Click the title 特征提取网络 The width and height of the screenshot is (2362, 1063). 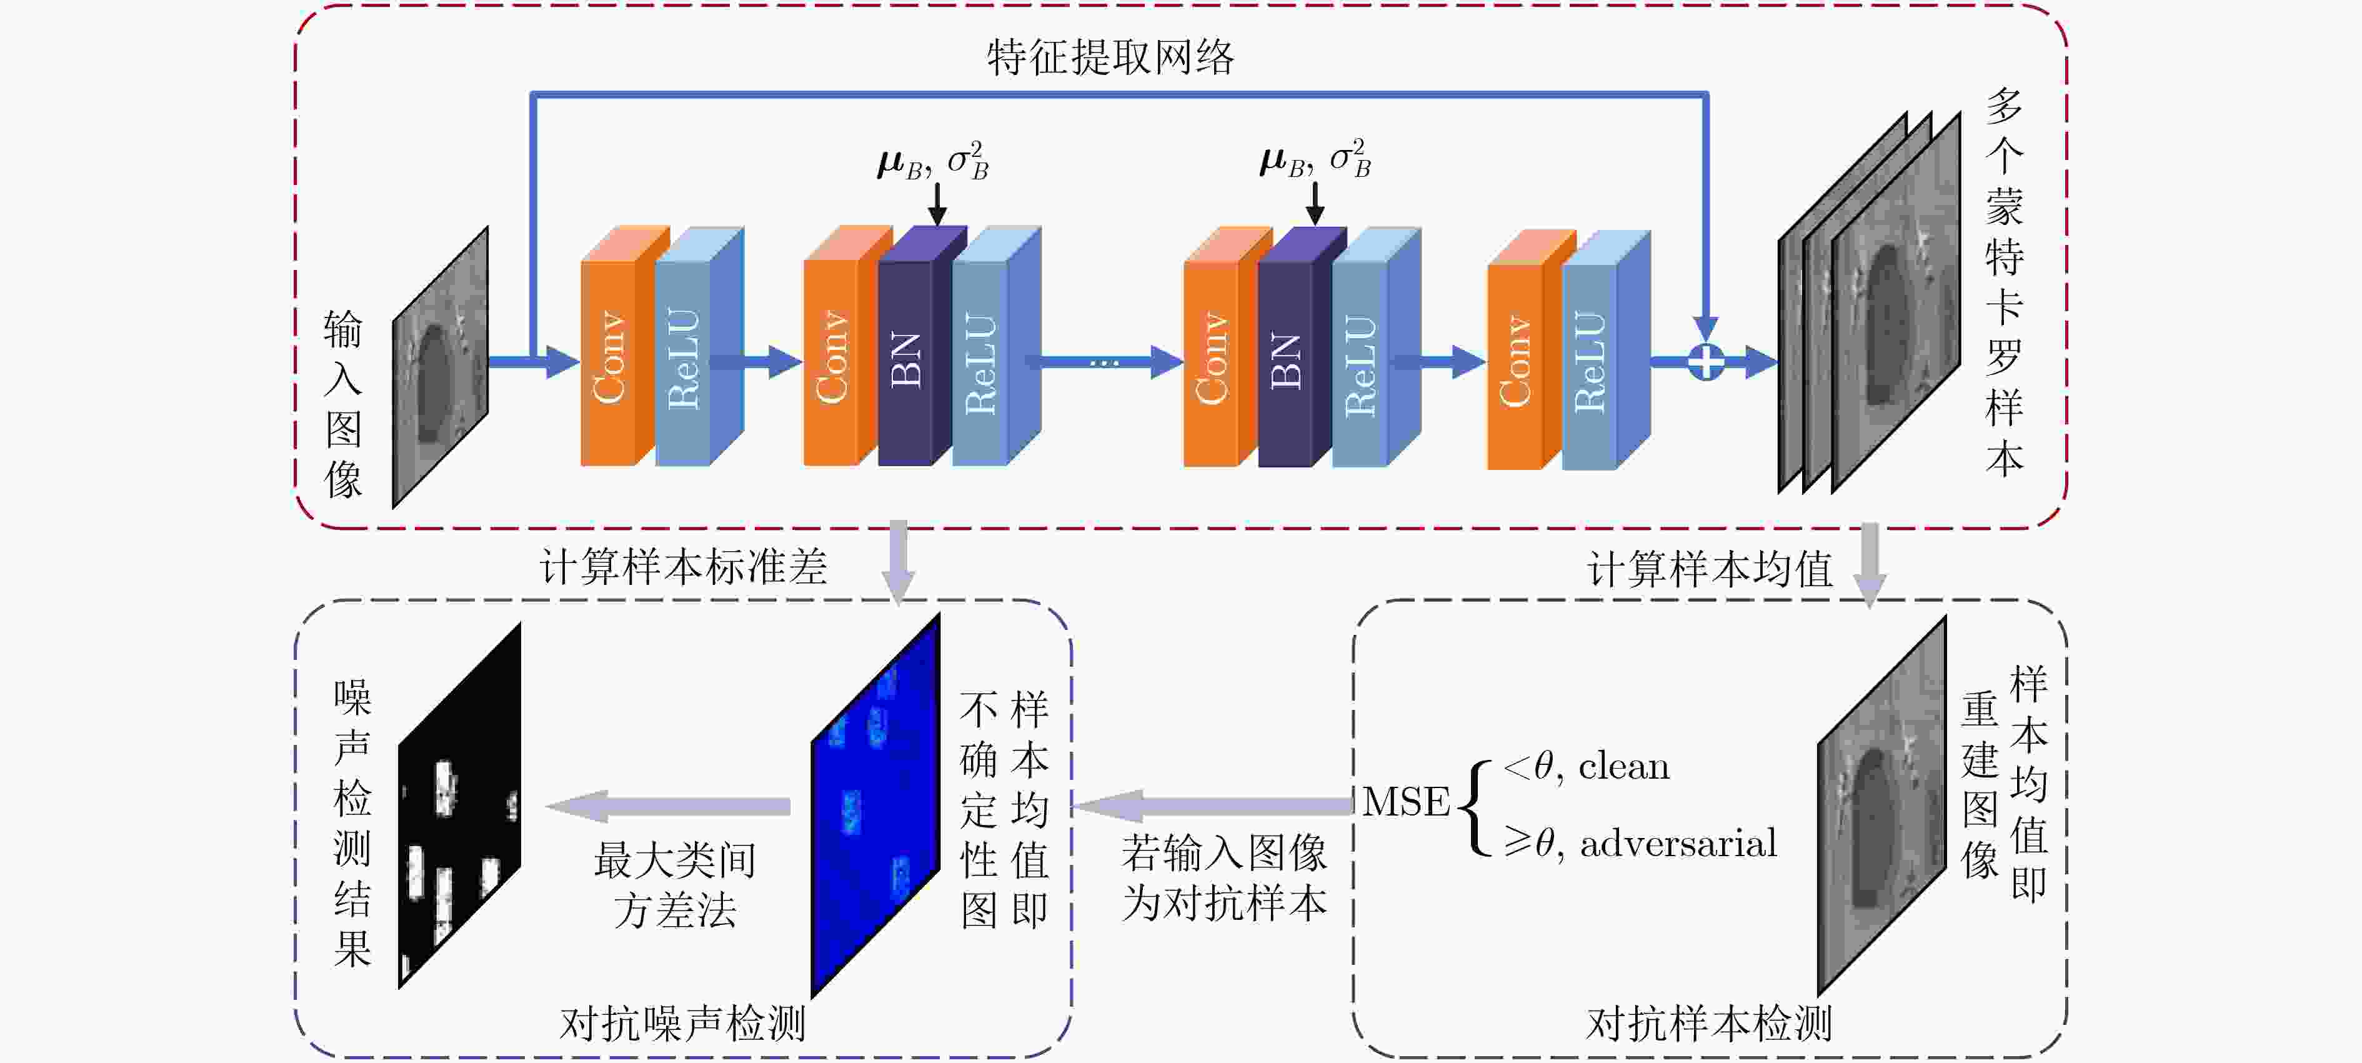click(x=1110, y=57)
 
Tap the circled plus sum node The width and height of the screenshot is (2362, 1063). click(x=1705, y=361)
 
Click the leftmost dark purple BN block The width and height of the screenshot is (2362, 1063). click(x=922, y=347)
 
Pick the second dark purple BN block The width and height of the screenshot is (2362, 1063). click(x=1302, y=347)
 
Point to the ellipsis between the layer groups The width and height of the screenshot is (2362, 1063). click(x=1104, y=364)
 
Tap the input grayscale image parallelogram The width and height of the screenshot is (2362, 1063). click(x=440, y=367)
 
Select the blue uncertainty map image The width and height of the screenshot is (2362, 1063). click(x=875, y=806)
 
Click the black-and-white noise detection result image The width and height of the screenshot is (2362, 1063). click(x=459, y=806)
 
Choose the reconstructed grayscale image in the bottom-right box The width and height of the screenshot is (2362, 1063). click(x=1881, y=806)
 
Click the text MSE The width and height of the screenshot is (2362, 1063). click(x=1406, y=802)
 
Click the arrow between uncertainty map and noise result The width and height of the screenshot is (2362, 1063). click(x=667, y=806)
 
